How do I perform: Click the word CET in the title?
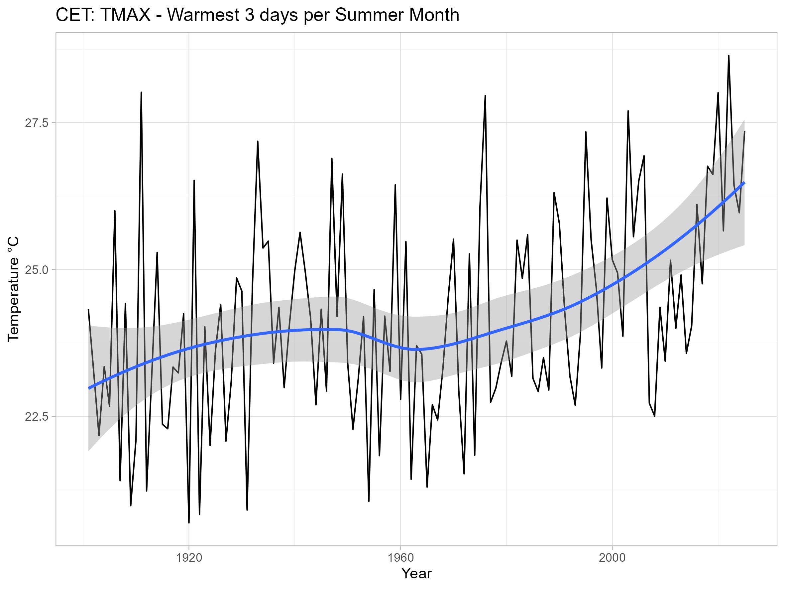[74, 15]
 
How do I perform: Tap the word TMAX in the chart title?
[126, 15]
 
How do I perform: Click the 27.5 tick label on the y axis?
[36, 123]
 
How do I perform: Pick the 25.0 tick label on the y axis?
[36, 270]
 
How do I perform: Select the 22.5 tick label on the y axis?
[36, 417]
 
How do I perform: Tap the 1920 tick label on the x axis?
[189, 558]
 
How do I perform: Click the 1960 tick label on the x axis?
[401, 558]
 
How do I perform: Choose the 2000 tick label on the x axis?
[612, 558]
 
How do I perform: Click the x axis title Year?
[416, 574]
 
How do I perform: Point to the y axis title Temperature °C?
[14, 289]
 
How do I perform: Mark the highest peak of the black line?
[729, 56]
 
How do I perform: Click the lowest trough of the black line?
[189, 522]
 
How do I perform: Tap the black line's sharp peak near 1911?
[141, 92]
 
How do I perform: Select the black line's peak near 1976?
[485, 96]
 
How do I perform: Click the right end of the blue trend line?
[744, 183]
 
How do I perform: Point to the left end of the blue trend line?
[89, 388]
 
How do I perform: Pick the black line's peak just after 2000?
[628, 111]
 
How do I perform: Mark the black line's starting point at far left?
[88, 310]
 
